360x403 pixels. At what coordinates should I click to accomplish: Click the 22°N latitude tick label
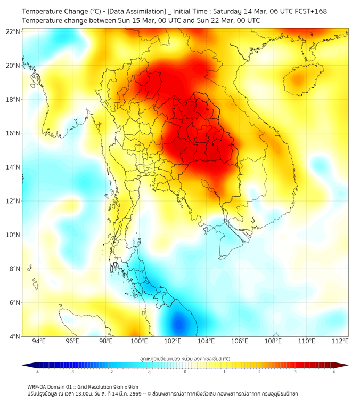tap(13, 31)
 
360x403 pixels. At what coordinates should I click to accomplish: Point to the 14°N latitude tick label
tap(13, 167)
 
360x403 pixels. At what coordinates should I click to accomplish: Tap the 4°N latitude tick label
tap(14, 336)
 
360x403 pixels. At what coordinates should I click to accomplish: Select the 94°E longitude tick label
tap(39, 341)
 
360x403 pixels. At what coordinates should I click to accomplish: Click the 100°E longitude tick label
tap(139, 341)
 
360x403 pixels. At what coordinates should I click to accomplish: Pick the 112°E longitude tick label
tap(340, 341)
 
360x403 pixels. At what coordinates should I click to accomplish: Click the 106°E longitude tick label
tap(240, 341)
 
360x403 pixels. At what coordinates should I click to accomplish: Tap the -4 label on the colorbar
tap(37, 372)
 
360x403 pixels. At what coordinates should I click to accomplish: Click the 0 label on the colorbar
tap(185, 372)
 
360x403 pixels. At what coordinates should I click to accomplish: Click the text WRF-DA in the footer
tap(37, 386)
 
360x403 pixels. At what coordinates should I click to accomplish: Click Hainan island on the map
tap(298, 80)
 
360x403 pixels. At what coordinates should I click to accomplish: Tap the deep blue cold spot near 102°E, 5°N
tap(176, 323)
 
